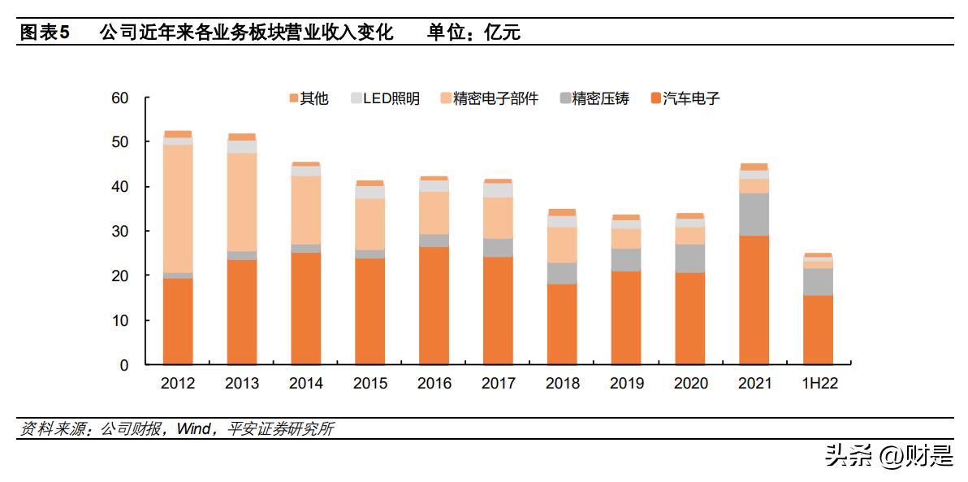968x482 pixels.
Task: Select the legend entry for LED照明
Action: pos(385,99)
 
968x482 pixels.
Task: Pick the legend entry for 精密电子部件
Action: pos(486,99)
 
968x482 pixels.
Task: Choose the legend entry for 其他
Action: pos(309,99)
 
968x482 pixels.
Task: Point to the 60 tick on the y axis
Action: pos(120,98)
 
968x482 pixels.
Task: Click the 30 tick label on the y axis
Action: pos(120,232)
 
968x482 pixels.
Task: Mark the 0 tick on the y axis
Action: pos(124,366)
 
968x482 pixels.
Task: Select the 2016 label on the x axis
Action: pos(434,384)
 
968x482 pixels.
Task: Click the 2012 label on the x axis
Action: pos(178,384)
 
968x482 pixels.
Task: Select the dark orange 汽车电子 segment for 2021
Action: pos(754,300)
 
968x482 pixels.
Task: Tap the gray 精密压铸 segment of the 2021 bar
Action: pos(754,214)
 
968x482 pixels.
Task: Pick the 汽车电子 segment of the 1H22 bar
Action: pos(818,330)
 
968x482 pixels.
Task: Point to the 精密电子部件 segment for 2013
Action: pos(242,202)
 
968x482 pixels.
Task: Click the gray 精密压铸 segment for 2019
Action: pos(625,259)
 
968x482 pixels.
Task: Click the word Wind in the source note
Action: pos(193,429)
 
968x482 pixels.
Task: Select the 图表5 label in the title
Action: pos(45,33)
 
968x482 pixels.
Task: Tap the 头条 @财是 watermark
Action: pos(889,457)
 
